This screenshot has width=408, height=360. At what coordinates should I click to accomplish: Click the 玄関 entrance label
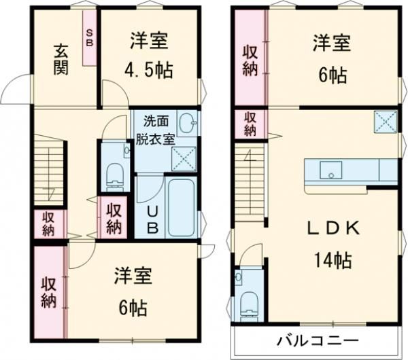(x=61, y=59)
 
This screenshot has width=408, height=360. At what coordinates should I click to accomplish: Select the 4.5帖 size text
(x=149, y=69)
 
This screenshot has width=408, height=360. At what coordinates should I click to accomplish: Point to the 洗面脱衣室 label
(x=158, y=129)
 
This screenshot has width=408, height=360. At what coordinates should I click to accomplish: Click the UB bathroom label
(x=153, y=219)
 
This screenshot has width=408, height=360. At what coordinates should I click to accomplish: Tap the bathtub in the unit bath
(x=181, y=207)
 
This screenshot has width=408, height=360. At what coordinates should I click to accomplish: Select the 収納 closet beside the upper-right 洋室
(x=250, y=59)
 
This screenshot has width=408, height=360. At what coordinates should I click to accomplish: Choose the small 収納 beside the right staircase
(x=250, y=124)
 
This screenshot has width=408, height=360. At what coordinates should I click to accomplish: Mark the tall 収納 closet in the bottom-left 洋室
(x=48, y=292)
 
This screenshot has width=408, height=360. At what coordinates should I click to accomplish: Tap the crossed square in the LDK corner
(x=384, y=122)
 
